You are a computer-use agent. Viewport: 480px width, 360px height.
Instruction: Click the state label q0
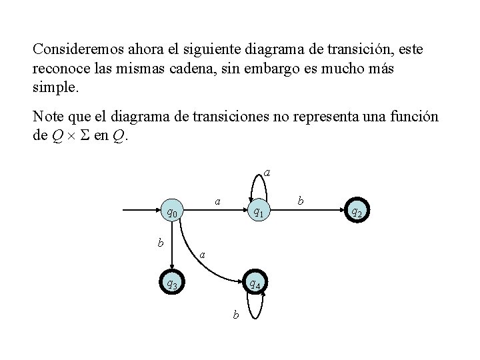pos(172,213)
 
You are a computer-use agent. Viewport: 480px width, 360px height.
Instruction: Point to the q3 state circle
pos(172,283)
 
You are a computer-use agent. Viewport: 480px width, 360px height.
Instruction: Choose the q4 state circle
pos(255,284)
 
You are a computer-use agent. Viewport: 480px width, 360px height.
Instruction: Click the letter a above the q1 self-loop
pos(267,173)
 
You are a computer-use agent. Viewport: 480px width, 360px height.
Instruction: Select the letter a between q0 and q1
pos(217,201)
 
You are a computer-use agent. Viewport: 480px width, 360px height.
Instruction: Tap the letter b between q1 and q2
pos(301,201)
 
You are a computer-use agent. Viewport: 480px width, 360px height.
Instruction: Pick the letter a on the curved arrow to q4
pos(203,255)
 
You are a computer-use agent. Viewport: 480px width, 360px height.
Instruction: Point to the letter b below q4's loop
pos(235,314)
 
